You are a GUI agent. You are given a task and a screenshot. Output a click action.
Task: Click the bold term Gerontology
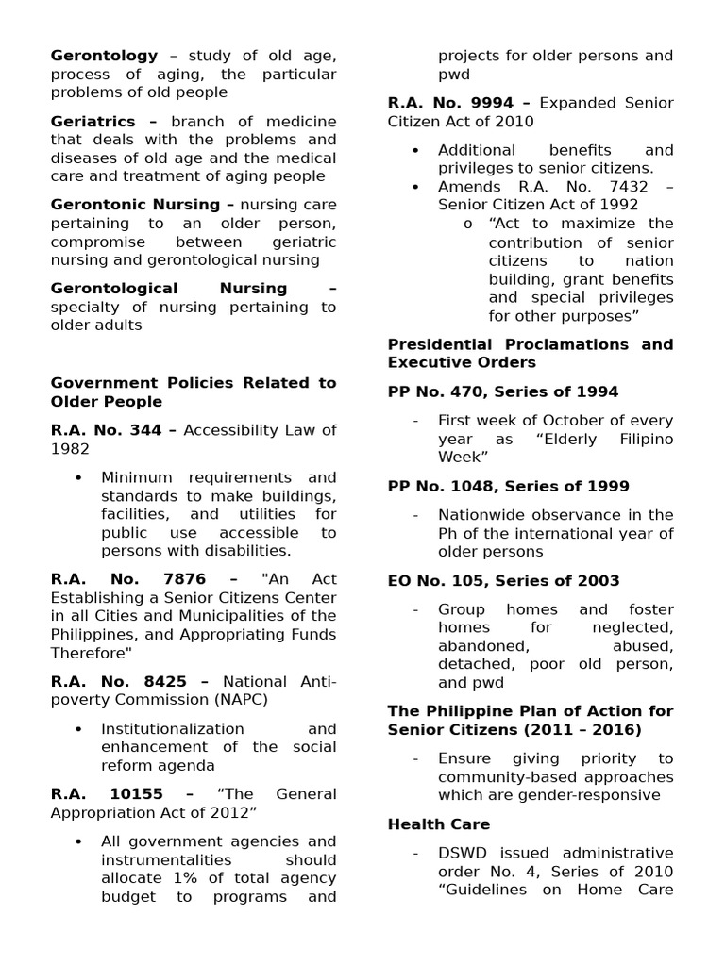coord(104,57)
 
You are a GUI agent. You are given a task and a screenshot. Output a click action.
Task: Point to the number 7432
coord(626,187)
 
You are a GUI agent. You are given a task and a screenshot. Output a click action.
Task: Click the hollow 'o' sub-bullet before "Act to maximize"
coord(467,225)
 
